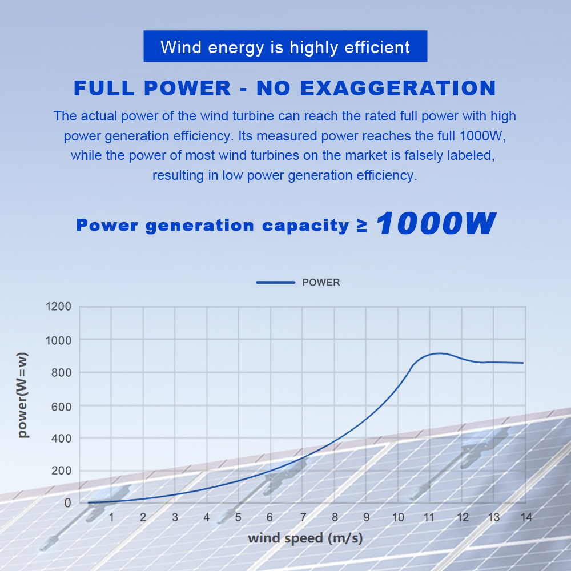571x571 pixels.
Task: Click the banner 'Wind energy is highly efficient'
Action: pyautogui.click(x=285, y=46)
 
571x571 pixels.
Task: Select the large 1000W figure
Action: pyautogui.click(x=435, y=223)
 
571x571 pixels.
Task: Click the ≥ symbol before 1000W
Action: pyautogui.click(x=361, y=225)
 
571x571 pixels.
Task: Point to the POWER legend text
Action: pyautogui.click(x=321, y=282)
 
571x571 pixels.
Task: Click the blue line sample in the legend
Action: pyautogui.click(x=275, y=282)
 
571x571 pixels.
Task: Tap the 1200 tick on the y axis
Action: pyautogui.click(x=59, y=307)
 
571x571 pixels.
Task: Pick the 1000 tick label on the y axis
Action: pyautogui.click(x=59, y=340)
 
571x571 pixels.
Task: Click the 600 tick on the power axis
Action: pyautogui.click(x=62, y=405)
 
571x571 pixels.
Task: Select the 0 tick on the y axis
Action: pyautogui.click(x=67, y=503)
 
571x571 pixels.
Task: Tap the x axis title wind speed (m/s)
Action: pyautogui.click(x=305, y=538)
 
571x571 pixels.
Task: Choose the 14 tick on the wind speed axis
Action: pyautogui.click(x=526, y=517)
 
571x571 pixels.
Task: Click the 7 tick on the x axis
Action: pyautogui.click(x=303, y=517)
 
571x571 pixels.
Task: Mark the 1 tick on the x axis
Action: pyautogui.click(x=111, y=517)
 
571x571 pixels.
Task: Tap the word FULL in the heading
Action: pyautogui.click(x=103, y=89)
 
